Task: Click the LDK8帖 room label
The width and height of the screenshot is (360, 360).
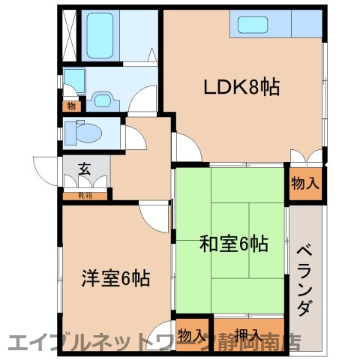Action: pos(242,87)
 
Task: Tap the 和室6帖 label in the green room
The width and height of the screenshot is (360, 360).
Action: pos(233,244)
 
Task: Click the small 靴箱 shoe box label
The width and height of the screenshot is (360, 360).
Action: pos(86,196)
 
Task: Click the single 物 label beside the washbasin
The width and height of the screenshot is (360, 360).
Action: pos(70,106)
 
